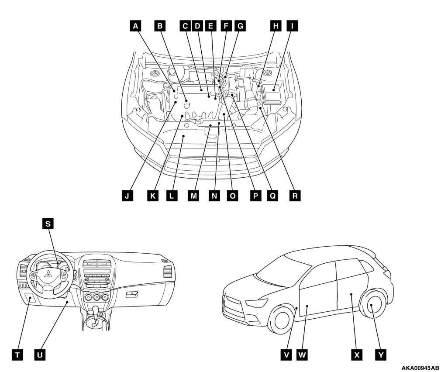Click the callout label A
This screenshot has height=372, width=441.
[x=136, y=26]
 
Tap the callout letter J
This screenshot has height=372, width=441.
[x=127, y=196]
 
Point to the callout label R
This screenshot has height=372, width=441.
[x=295, y=196]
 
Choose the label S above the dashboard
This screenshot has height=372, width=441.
[x=48, y=224]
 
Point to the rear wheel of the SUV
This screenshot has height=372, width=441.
[x=372, y=305]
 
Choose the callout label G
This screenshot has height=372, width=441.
[x=240, y=26]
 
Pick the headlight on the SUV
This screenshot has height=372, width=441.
[x=256, y=303]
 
